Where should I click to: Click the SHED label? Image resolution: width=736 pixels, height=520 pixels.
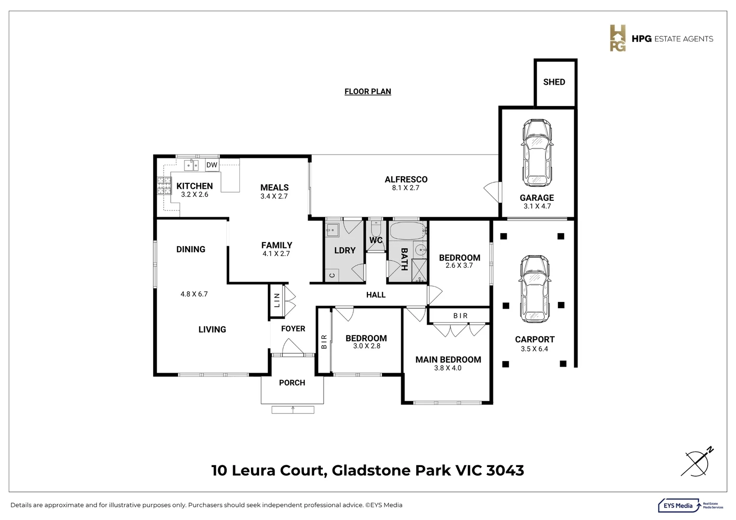click(554, 82)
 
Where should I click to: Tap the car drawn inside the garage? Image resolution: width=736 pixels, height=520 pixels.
click(537, 153)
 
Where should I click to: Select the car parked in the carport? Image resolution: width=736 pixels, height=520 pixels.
click(535, 289)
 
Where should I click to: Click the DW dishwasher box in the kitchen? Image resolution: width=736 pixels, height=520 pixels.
click(212, 165)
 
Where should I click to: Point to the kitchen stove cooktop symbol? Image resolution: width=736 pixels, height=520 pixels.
click(164, 185)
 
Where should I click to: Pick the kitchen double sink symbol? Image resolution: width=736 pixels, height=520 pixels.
click(191, 165)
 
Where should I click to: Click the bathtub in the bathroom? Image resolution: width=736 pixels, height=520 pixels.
click(407, 231)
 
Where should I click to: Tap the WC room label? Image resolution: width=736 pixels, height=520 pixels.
click(376, 240)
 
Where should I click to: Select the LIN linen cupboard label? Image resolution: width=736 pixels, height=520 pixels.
click(276, 300)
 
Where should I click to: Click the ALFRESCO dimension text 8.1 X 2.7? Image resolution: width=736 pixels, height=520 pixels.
click(406, 188)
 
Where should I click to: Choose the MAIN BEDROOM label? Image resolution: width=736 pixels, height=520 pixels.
click(448, 360)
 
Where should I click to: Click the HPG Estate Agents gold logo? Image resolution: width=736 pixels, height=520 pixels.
click(618, 38)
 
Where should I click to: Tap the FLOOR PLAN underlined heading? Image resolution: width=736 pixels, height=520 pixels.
click(368, 91)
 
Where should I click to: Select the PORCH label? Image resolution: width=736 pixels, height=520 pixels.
click(292, 383)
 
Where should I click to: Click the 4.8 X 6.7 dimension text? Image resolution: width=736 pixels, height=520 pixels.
click(194, 294)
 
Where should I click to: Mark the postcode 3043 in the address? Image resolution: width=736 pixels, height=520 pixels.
click(505, 470)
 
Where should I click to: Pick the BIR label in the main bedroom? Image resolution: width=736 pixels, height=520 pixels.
click(460, 316)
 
